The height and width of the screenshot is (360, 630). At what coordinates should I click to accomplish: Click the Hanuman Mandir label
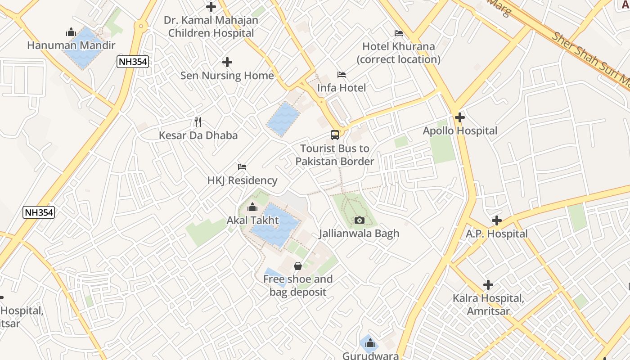[x=71, y=45]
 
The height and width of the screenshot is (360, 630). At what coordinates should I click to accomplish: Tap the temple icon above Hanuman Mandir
[x=71, y=32]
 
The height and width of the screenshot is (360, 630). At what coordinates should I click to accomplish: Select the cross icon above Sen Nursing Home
[x=227, y=62]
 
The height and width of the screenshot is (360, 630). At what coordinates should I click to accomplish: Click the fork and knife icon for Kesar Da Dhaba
[x=198, y=121]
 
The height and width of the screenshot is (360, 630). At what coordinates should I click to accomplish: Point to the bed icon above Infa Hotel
[x=342, y=74]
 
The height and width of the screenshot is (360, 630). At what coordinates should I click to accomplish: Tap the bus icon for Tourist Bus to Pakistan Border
[x=335, y=135]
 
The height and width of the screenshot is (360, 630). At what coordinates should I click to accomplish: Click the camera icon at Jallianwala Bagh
[x=359, y=220]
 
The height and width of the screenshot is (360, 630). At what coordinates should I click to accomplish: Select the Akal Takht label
[x=252, y=220]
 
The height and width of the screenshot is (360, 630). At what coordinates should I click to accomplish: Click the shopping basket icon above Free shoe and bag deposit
[x=297, y=266]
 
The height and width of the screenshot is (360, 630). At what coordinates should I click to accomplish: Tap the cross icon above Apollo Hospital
[x=459, y=117]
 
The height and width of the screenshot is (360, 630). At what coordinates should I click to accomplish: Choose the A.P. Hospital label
[x=496, y=234]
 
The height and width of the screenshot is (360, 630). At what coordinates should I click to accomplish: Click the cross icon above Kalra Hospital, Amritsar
[x=488, y=285]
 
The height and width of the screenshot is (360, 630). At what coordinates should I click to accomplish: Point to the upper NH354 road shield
[x=133, y=62]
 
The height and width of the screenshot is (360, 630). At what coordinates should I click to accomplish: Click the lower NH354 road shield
[x=39, y=212]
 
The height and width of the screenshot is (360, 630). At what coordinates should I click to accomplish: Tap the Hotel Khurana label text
[x=398, y=46]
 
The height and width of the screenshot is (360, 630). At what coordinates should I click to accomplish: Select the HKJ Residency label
[x=242, y=180]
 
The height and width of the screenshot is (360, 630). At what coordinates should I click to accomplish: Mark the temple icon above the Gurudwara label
[x=370, y=343]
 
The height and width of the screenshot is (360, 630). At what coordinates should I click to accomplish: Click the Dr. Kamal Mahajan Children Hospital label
[x=211, y=27]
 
